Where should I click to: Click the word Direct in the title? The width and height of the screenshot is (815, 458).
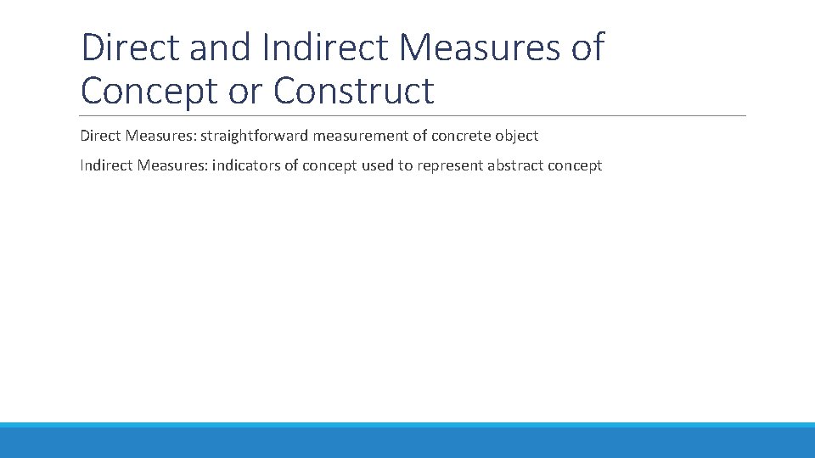point(131,47)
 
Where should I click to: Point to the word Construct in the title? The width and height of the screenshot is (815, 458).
point(353,91)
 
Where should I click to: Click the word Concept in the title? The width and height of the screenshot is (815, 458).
point(149,91)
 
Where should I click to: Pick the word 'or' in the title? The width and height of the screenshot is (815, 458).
point(245,91)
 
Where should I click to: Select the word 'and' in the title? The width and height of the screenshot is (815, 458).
point(222,47)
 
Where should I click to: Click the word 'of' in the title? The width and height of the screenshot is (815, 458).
point(587,47)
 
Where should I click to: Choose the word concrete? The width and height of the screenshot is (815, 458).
point(467,136)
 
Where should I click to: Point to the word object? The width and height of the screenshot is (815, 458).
point(518,136)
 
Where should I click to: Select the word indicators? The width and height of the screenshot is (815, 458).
point(245,165)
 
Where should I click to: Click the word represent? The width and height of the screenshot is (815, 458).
point(449,165)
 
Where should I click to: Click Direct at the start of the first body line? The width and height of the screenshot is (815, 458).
point(99,136)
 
